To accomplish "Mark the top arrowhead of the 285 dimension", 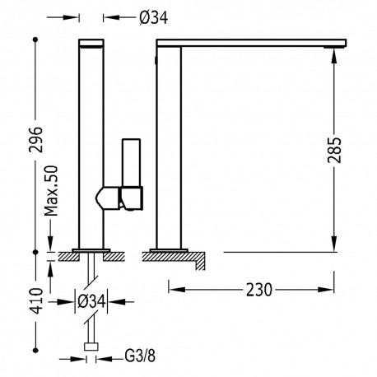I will (x=333, y=51).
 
